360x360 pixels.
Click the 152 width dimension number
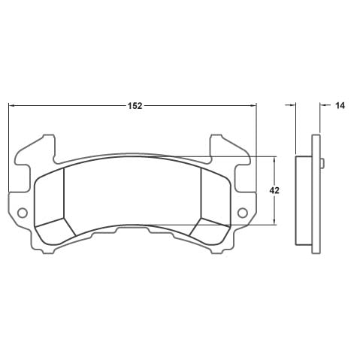pos(135,106)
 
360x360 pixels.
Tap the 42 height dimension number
pos(274,191)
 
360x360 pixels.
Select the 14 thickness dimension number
pos(340,106)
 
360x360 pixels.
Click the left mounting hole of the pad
pos(23,213)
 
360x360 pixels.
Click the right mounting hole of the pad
pos(243,213)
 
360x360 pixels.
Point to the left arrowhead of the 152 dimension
pos(11,106)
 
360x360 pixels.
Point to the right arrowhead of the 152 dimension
pos(253,106)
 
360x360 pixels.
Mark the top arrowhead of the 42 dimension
pos(274,159)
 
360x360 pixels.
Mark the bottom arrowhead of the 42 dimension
pos(274,222)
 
